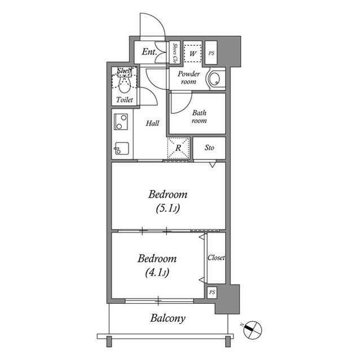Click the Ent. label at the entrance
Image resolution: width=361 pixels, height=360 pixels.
(x=149, y=52)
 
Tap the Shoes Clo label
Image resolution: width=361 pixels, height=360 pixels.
(x=175, y=52)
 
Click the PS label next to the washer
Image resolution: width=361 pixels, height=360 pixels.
(x=212, y=53)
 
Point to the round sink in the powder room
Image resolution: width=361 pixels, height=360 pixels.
(x=214, y=79)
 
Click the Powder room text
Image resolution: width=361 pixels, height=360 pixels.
(x=188, y=78)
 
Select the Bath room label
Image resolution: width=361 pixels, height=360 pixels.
(x=199, y=116)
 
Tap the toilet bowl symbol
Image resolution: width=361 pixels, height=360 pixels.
(x=125, y=84)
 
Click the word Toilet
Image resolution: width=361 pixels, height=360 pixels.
(x=125, y=100)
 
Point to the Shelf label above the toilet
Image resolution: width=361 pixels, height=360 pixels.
(x=124, y=71)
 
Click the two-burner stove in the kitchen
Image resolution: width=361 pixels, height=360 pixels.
(x=121, y=122)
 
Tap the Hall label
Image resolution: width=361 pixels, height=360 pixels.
(x=152, y=123)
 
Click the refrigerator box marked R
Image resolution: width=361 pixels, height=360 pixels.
(x=178, y=149)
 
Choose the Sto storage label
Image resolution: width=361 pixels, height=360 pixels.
(x=209, y=149)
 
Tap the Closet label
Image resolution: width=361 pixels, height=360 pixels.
(x=216, y=257)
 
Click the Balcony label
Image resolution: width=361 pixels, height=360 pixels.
(x=168, y=318)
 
